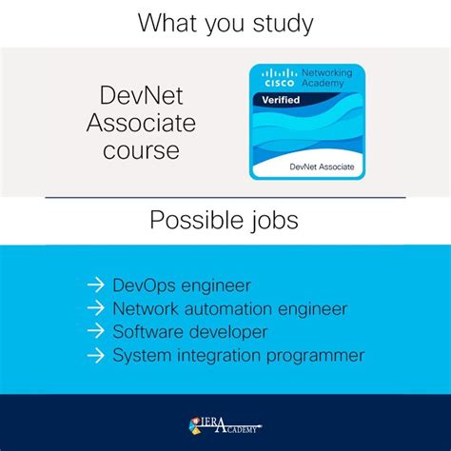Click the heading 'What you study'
coord(225,22)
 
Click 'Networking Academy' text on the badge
coord(326,78)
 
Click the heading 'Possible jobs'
coord(225,222)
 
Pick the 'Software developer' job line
coord(189,332)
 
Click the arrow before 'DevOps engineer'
coord(94,284)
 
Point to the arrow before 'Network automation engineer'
coord(94,308)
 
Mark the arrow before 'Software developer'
coord(94,332)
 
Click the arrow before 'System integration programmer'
coord(94,356)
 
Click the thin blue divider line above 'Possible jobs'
coord(225,198)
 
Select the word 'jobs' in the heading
coord(271,222)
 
